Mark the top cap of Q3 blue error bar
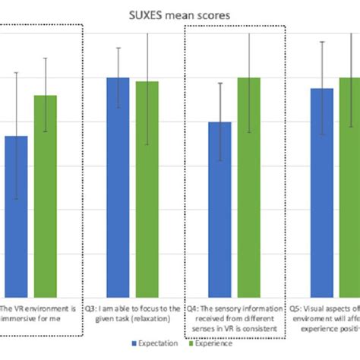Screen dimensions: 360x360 pyautogui.click(x=117, y=48)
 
